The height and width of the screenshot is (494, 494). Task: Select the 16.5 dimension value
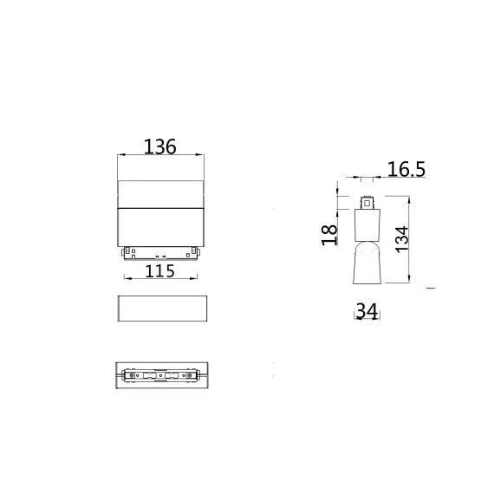click(406, 170)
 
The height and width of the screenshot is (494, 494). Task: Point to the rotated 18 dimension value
click(330, 234)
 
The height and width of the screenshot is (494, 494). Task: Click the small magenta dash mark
click(431, 286)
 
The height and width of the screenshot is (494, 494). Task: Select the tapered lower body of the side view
click(366, 263)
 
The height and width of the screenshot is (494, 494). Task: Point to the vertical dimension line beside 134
click(410, 238)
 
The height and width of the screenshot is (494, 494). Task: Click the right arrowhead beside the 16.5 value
click(374, 179)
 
